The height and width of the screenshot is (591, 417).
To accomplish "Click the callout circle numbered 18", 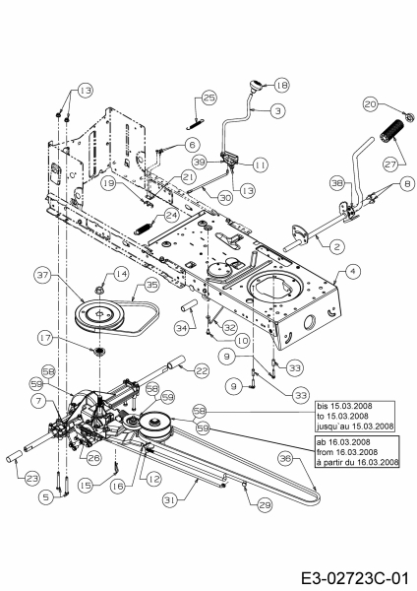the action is tap(281, 85).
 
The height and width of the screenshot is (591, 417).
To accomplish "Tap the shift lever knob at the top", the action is tap(255, 86).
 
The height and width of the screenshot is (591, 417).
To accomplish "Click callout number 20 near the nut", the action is tap(371, 104).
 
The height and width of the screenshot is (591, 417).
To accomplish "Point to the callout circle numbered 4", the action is tap(353, 272).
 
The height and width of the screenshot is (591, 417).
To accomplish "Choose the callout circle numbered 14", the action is tap(121, 274).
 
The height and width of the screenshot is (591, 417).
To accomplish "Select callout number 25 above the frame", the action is tap(209, 98).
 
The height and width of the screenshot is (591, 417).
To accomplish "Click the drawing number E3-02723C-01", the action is tap(355, 578).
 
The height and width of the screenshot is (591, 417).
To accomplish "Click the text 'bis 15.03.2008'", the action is tap(344, 406).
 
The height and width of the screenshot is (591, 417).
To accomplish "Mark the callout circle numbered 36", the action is tap(286, 459).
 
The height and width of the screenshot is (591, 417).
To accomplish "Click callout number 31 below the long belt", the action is tap(170, 500).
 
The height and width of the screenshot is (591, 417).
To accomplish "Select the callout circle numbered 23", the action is tap(32, 479).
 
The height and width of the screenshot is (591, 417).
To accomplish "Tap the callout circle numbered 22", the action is tap(202, 371).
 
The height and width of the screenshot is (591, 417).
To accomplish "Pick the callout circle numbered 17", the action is tap(46, 339).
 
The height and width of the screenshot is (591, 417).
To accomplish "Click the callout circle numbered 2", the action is tap(336, 247).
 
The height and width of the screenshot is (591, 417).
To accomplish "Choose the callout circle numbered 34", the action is tap(182, 328).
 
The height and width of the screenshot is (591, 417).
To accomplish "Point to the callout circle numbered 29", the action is tap(265, 505).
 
